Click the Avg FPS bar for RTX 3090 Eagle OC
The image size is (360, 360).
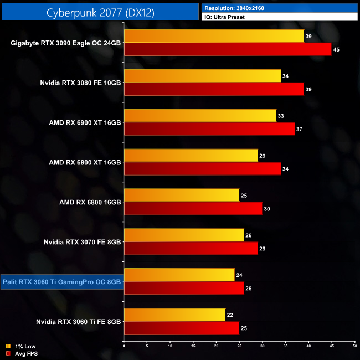(227, 50)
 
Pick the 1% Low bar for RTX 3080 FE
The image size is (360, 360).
(202, 76)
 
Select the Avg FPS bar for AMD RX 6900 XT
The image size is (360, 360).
(210, 129)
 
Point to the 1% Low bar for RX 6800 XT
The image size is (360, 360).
(191, 156)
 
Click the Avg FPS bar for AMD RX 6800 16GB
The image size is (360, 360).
(193, 209)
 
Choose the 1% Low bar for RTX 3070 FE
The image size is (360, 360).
(184, 235)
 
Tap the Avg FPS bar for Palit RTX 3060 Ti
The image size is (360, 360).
(184, 288)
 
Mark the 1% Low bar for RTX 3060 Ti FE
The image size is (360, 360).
(174, 315)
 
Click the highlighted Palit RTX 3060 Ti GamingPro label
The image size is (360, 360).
(62, 281)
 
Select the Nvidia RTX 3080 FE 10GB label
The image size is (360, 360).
(80, 83)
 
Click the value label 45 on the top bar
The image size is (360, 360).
(336, 50)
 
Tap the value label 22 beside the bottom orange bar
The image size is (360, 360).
(230, 315)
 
